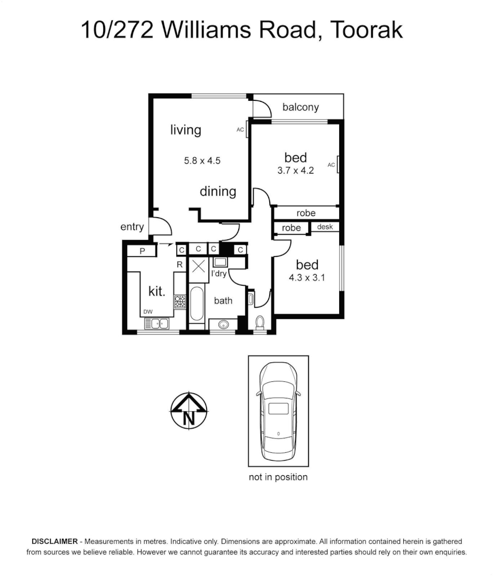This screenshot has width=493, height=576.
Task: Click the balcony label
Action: [300, 107]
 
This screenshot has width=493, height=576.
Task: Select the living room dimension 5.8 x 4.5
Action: [202, 160]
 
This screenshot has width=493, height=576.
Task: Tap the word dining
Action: [218, 191]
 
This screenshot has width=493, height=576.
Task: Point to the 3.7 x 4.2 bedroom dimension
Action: [295, 171]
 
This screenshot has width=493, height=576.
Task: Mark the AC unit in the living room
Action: [247, 130]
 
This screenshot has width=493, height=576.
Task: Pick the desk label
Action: [325, 227]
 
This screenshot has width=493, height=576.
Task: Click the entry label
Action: [132, 227]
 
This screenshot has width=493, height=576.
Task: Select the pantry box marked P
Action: [143, 251]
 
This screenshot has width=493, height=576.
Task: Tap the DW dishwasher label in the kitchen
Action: [148, 312]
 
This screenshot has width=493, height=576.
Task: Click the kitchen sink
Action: [156, 323]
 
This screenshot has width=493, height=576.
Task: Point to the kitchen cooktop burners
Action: [179, 302]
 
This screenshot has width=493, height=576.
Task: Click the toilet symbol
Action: [260, 323]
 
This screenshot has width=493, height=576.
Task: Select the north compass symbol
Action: [189, 411]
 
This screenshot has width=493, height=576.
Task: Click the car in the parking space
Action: [278, 411]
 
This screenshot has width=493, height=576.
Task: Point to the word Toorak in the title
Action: [367, 30]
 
